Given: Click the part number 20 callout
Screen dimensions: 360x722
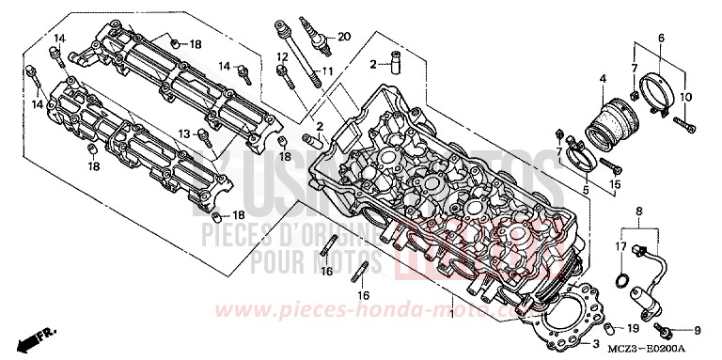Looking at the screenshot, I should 344,36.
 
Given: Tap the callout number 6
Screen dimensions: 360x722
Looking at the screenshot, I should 661,37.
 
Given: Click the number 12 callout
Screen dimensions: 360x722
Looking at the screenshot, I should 282,57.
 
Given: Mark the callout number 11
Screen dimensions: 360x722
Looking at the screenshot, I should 327,70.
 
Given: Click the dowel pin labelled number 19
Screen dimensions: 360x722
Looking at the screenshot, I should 611,328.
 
